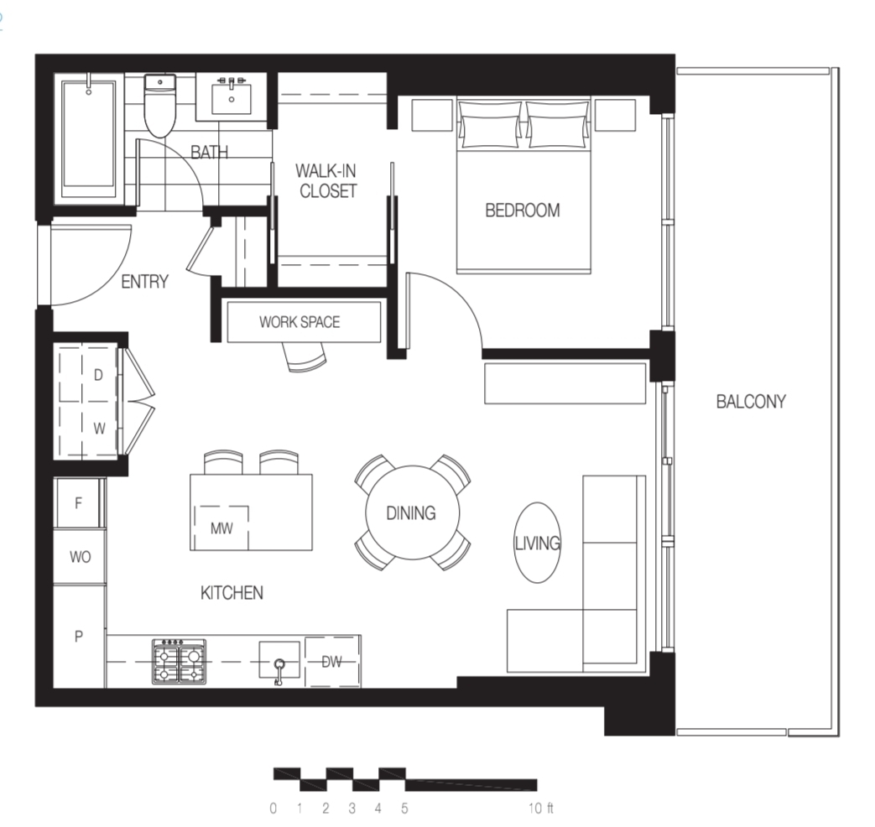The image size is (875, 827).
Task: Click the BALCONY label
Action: point(751,401)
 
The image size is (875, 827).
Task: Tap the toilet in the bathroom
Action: point(160,106)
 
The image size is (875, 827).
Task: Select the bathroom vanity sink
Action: point(232,99)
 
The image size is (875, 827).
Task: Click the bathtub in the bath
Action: point(89,136)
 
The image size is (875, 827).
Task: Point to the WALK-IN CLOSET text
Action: point(326,180)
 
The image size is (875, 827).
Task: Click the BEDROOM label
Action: point(523,211)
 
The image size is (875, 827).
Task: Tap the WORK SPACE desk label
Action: point(299,322)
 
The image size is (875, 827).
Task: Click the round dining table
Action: point(413,512)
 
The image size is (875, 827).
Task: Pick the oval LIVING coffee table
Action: point(538,543)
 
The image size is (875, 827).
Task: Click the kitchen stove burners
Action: point(180,662)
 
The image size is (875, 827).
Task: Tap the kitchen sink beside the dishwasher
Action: point(279,661)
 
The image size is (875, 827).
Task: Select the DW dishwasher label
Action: point(332,662)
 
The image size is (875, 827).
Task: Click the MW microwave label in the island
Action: point(221,528)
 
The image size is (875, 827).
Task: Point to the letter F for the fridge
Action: point(79,502)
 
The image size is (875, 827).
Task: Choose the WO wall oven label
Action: point(81,556)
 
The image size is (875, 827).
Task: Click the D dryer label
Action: point(98,375)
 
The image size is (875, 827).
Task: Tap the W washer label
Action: point(99,429)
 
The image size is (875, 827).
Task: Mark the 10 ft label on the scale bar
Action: point(541,808)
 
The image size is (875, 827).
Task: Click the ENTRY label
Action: point(144,282)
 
